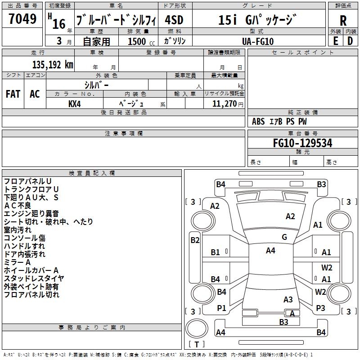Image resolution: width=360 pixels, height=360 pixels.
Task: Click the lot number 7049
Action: [22, 19]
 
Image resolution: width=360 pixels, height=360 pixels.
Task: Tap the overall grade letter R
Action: [343, 20]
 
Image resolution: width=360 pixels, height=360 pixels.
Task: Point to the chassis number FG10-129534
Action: [302, 143]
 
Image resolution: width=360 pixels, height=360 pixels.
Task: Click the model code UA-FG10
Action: [257, 41]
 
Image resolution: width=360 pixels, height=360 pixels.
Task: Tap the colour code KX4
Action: [74, 104]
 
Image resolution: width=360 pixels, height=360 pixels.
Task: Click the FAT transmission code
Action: [13, 94]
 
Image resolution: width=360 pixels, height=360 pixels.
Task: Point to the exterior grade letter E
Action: [335, 41]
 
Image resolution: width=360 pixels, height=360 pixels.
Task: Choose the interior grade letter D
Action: [350, 41]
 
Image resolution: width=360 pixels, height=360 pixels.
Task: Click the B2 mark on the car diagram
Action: [195, 240]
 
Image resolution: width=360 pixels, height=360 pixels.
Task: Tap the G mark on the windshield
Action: [284, 237]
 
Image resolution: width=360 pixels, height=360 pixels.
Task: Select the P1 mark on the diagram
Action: [221, 308]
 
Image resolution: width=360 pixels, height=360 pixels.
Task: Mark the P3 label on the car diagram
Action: [320, 308]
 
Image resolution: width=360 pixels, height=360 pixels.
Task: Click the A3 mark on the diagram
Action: [288, 300]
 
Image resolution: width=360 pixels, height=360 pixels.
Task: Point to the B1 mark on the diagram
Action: [216, 252]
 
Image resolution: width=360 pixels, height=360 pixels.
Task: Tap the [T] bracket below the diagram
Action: [197, 345]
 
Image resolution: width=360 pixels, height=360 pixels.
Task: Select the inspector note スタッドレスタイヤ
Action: [34, 279]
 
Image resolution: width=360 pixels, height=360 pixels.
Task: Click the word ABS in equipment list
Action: [258, 121]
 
